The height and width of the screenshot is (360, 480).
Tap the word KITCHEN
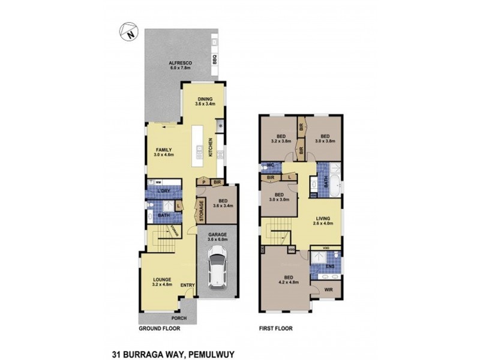coord(211,147)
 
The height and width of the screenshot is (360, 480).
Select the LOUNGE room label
coord(163,280)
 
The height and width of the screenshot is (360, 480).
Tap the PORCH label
coord(179,318)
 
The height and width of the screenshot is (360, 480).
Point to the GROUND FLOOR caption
coord(160,329)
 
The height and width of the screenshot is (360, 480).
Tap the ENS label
coord(330,265)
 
